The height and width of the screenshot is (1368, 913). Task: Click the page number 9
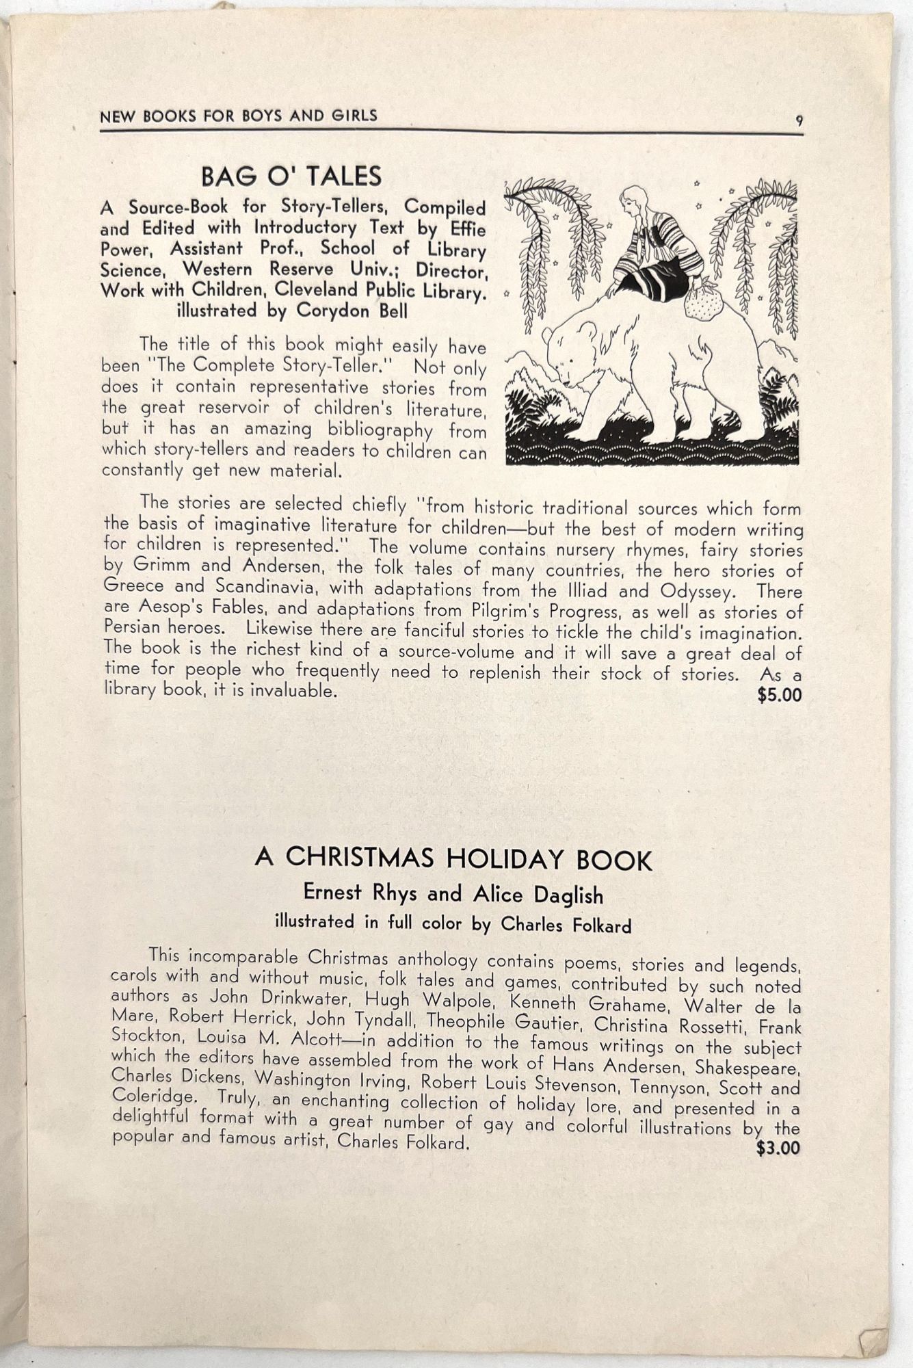click(799, 121)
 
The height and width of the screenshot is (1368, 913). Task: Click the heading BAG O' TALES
click(291, 176)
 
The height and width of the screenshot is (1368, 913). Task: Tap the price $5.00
click(779, 696)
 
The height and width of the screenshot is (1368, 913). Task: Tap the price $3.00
click(778, 1147)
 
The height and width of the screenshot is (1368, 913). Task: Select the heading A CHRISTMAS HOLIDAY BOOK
click(453, 858)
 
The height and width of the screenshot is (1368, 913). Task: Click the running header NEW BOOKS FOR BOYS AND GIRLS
click(239, 116)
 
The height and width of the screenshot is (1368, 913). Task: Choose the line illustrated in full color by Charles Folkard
click(453, 923)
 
